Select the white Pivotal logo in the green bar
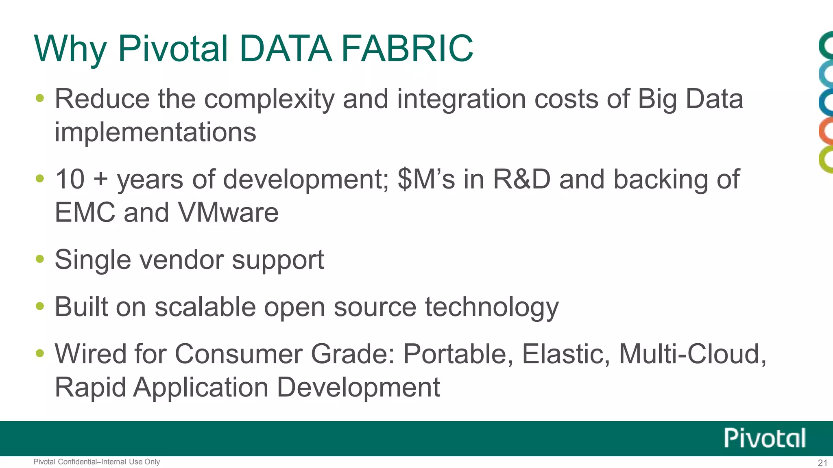(x=764, y=438)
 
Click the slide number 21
(x=822, y=463)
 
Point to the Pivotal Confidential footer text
(x=96, y=462)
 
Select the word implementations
(x=155, y=132)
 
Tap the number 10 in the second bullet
(x=70, y=179)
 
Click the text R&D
(x=521, y=179)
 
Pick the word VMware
(x=228, y=212)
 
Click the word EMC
(x=85, y=212)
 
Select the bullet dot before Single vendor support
(x=39, y=259)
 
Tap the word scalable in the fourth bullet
(x=205, y=307)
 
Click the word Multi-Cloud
(x=692, y=354)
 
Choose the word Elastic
(x=565, y=354)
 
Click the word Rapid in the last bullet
(x=90, y=388)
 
